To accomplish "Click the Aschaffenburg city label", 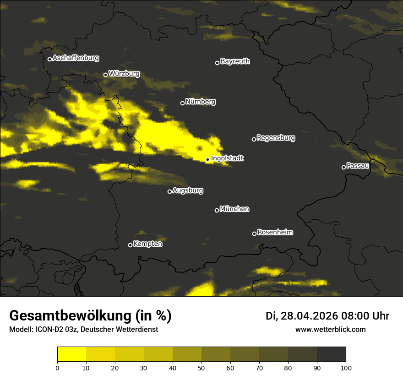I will (76, 58).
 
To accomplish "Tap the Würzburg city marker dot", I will (105, 75).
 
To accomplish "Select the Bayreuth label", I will (235, 61).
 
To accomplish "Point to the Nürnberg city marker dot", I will (182, 103).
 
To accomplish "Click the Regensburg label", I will (276, 138).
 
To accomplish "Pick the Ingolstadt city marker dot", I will (207, 160).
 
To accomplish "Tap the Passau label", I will (358, 166).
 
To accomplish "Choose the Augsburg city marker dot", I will (169, 191).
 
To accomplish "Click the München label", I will (234, 209).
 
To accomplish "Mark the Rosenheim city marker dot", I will (254, 234).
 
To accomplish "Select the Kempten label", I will (147, 244).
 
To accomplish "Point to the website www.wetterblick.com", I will (330, 330).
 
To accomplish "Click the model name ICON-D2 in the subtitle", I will (48, 330).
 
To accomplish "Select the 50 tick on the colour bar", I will (201, 367).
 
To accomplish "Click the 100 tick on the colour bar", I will (346, 367).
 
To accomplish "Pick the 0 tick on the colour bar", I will (57, 367).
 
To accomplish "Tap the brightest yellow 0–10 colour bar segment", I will (71, 354).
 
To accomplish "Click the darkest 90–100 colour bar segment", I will (331, 354).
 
